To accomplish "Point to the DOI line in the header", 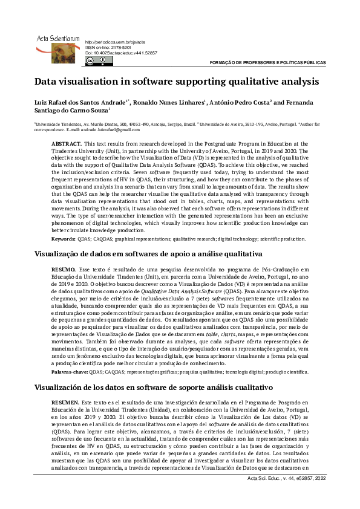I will point(121,53).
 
